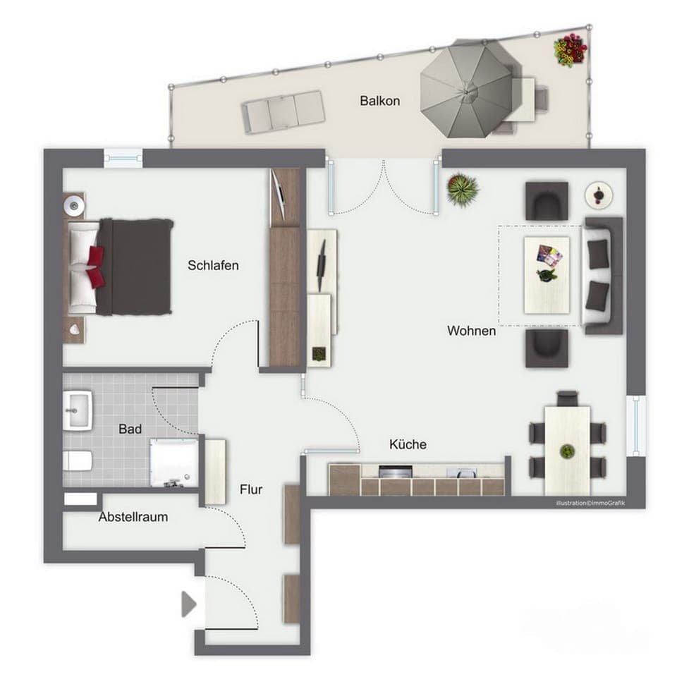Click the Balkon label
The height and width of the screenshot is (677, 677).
379,101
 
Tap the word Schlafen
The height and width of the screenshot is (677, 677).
213,266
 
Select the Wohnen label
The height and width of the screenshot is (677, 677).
471,331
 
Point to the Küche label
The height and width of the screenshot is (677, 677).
408,445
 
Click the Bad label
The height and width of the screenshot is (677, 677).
130,429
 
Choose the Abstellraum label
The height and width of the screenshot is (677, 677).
133,517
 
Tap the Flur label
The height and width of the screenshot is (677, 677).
251,489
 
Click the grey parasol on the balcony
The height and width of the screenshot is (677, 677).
466,88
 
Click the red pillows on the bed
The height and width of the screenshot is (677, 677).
95,267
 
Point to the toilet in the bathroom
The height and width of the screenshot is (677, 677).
77,461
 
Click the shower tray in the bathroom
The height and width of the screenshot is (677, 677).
173,462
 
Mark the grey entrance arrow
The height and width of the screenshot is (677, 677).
188,604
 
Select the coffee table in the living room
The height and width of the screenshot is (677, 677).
547,274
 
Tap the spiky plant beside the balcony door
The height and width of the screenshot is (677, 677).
463,189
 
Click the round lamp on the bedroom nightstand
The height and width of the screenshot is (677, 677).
74,205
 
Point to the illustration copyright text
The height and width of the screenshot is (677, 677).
590,503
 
